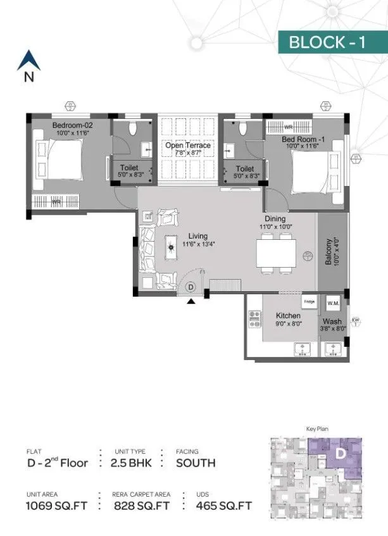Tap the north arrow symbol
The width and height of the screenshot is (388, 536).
(x=28, y=62)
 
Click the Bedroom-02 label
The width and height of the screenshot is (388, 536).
(x=70, y=125)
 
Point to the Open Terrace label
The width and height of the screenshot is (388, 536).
(x=188, y=146)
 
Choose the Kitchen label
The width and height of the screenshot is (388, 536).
(x=287, y=315)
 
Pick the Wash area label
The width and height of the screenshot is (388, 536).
(x=332, y=321)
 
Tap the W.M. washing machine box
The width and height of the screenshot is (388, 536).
(x=333, y=303)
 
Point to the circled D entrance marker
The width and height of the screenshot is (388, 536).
(x=191, y=287)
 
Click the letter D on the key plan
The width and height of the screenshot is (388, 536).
(x=340, y=454)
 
